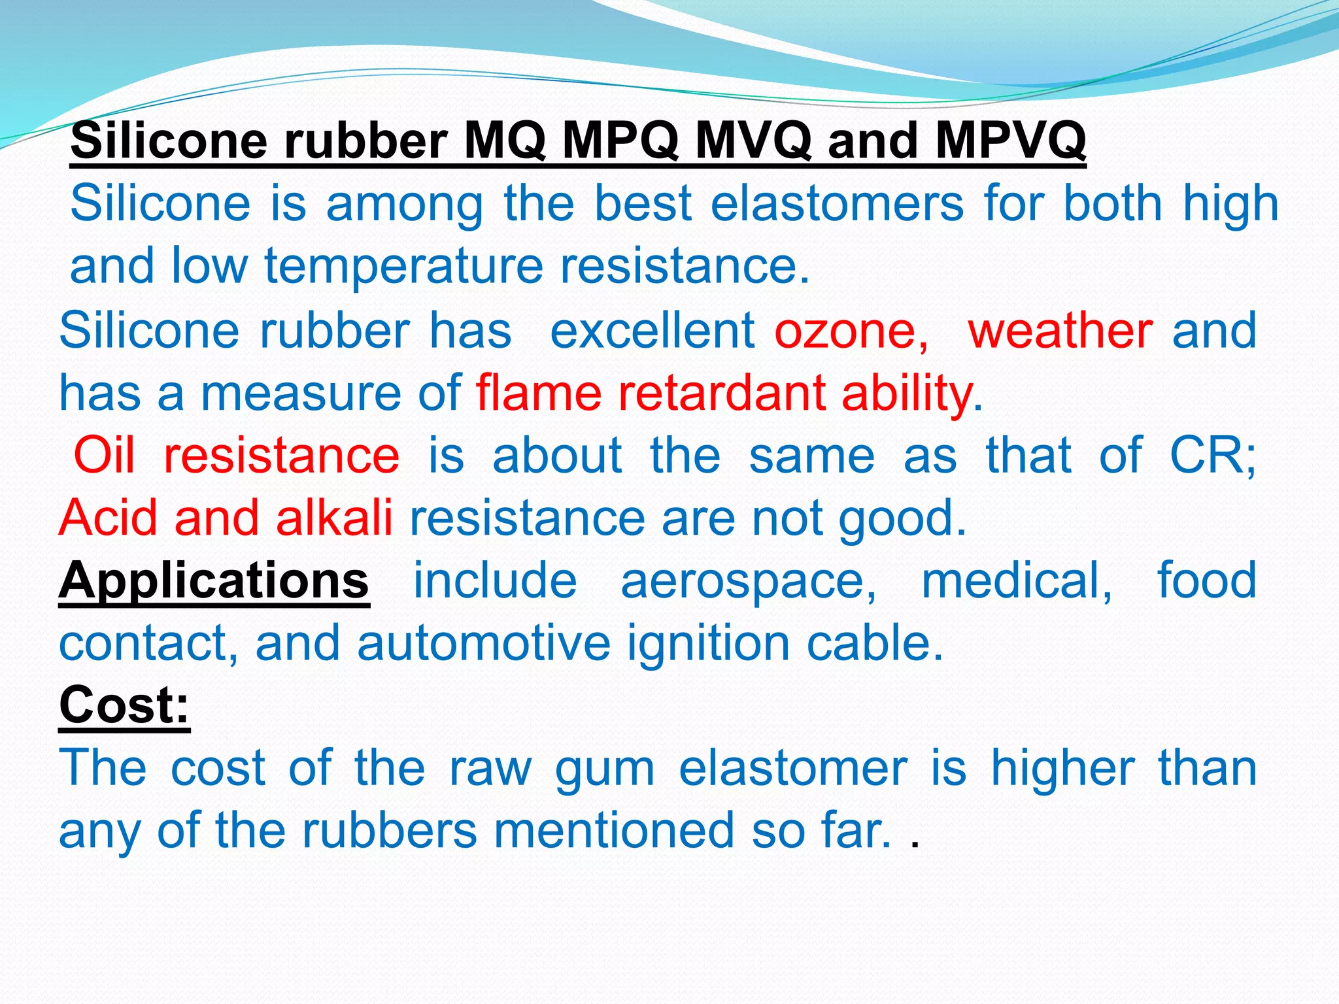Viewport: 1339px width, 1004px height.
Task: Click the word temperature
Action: (x=403, y=267)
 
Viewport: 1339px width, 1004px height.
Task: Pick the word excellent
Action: (x=652, y=330)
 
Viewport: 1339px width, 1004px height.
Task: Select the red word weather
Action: (x=1060, y=330)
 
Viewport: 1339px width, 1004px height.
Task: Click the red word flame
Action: (x=538, y=393)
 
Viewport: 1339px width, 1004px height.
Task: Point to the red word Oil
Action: (x=104, y=455)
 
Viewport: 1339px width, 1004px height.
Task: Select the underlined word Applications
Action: (x=214, y=580)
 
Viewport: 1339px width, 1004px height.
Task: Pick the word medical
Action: (x=1015, y=580)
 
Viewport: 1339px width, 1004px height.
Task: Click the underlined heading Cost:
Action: (x=124, y=705)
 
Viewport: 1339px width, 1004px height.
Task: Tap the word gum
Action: (x=604, y=770)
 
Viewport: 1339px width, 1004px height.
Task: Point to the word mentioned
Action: (x=614, y=831)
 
